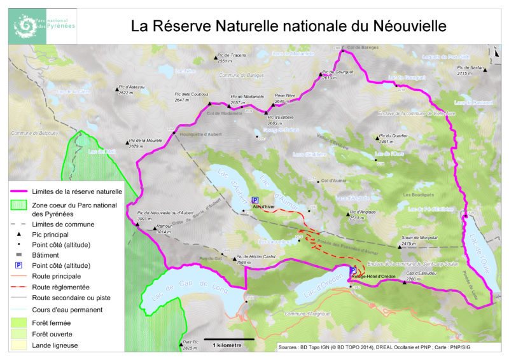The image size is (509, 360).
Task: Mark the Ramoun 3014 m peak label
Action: pos(165,230)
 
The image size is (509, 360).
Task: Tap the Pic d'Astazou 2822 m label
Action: pos(132,90)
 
